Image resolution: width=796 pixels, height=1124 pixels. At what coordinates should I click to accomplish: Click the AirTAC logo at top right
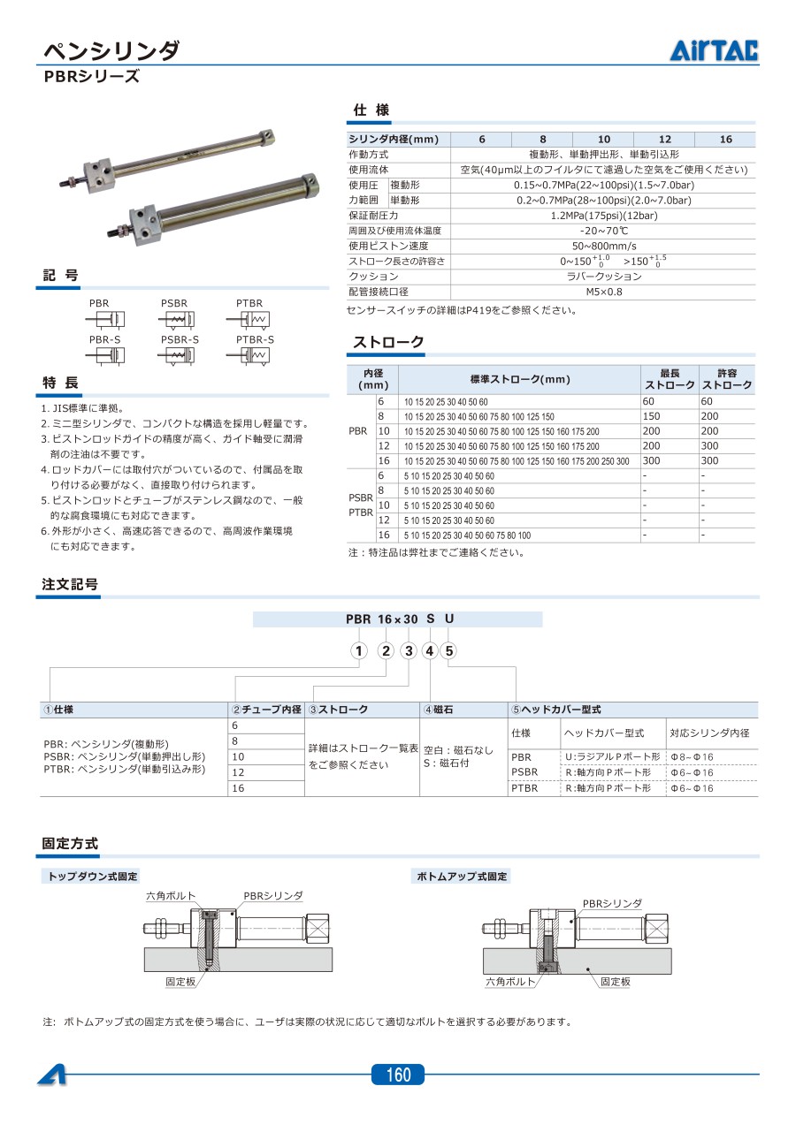pos(713,51)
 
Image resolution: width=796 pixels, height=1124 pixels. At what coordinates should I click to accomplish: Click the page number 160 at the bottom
pos(398,1075)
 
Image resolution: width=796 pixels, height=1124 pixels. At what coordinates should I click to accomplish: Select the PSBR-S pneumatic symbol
pos(180,355)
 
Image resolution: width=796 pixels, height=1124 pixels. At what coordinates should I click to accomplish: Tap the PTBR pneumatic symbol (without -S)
pos(251,318)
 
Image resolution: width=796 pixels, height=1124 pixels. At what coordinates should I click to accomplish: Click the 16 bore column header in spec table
pos(725,139)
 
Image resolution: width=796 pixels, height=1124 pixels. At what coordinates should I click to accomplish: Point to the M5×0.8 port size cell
pos(604,292)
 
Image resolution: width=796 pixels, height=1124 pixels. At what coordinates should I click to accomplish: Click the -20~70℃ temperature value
pos(604,231)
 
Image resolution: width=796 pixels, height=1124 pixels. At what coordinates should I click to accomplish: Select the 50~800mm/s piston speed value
pos(604,246)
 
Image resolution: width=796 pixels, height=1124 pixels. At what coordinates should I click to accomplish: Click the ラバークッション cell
pos(604,277)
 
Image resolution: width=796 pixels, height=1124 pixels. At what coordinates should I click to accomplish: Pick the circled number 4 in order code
pos(430,652)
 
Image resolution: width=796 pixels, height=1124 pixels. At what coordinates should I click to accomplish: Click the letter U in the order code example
pos(449,619)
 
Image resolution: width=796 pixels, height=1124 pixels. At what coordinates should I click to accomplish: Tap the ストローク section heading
pos(388,343)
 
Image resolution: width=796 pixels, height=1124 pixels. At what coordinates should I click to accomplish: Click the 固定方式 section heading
pos(70,844)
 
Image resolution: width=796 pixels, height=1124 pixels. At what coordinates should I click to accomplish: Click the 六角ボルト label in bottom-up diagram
pos(510,982)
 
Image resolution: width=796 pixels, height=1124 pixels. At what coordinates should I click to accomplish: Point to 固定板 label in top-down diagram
pos(180,982)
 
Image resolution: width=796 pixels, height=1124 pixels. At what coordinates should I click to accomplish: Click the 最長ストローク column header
pos(669,379)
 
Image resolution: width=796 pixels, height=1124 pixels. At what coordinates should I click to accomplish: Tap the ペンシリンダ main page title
pos(111,49)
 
